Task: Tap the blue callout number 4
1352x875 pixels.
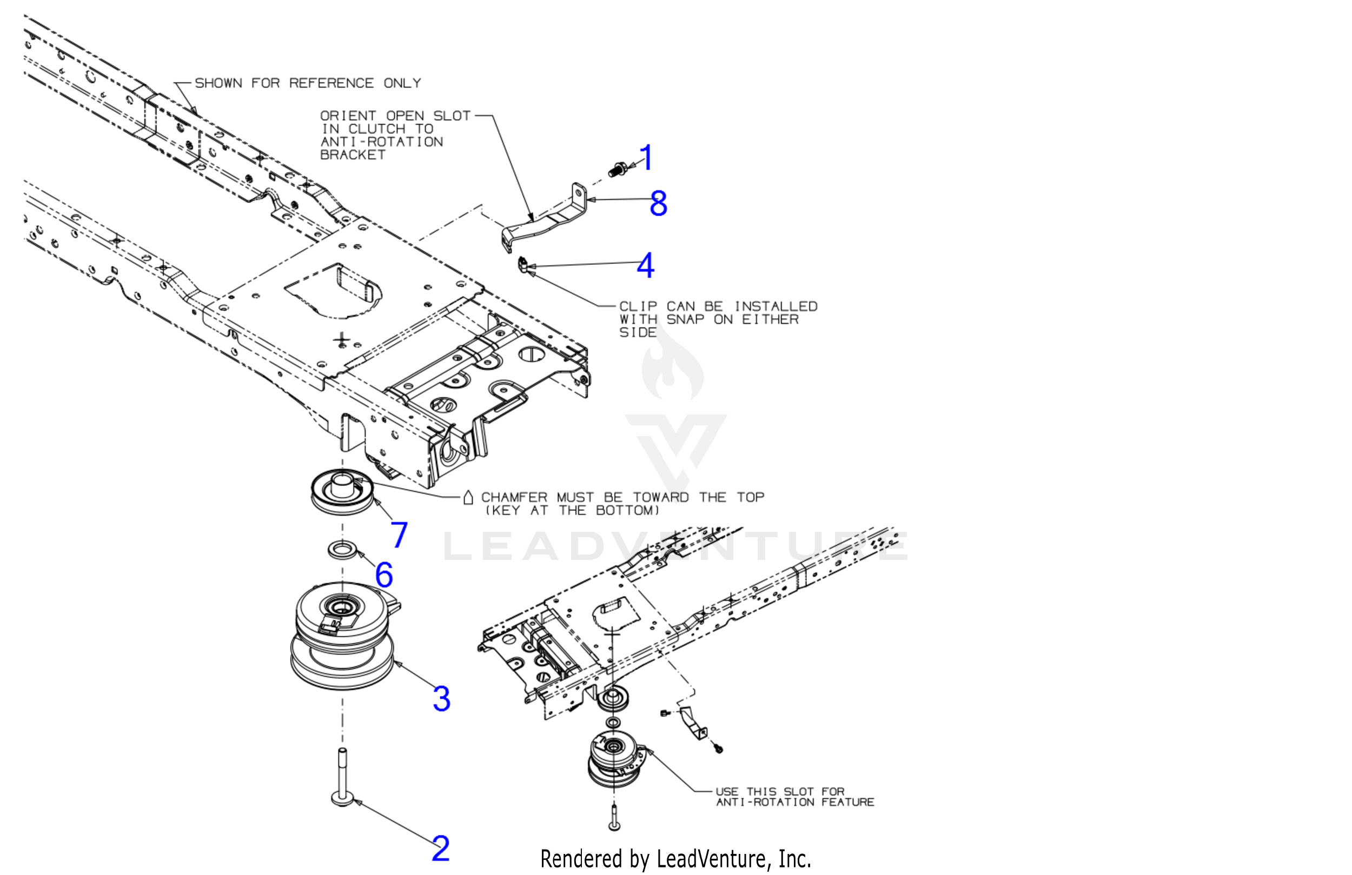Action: coord(645,265)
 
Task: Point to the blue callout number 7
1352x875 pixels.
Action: coord(399,535)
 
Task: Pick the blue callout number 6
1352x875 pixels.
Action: coord(384,575)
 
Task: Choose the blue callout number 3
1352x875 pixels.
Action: coord(441,698)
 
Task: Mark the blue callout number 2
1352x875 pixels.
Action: coord(440,849)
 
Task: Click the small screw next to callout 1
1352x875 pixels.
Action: coord(618,169)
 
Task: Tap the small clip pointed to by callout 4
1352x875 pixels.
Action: coord(523,265)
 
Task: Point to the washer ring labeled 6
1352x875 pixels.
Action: coord(342,550)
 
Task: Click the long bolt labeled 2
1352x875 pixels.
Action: coord(342,778)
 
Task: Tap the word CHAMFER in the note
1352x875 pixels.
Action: coord(514,497)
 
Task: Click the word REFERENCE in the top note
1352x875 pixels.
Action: coord(331,83)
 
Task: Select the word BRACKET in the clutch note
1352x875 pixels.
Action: coord(353,155)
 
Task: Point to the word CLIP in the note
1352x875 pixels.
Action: coord(638,306)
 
